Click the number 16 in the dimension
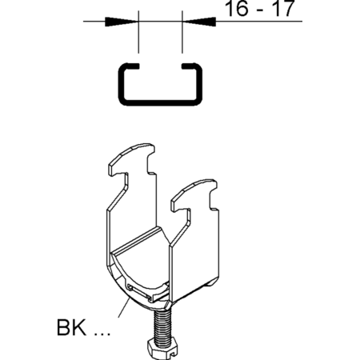point(237,8)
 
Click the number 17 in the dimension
point(284,8)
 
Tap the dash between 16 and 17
point(262,10)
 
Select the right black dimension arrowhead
point(199,22)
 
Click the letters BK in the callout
point(72,327)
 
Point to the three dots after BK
point(102,334)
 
